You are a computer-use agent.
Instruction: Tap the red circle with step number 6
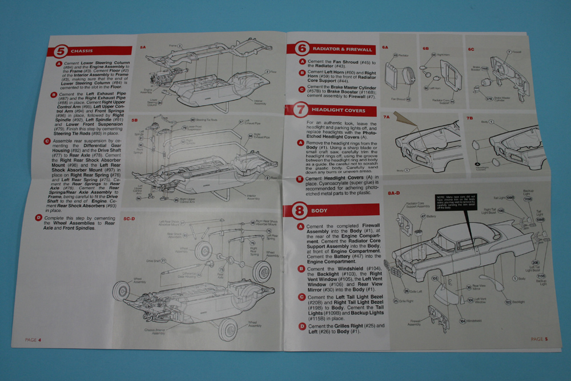(x=301, y=49)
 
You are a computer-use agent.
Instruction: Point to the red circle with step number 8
(x=299, y=210)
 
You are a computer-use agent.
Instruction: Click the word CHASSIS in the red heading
(x=82, y=50)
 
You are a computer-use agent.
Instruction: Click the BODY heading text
(x=319, y=211)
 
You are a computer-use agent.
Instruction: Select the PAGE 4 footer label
(x=33, y=340)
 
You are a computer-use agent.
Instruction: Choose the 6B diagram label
(x=425, y=49)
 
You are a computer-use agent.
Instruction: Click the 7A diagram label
(x=386, y=117)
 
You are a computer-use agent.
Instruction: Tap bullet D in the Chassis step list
(x=39, y=218)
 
